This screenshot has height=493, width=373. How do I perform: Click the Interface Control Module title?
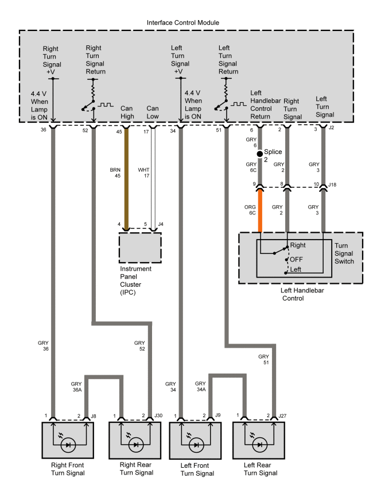point(187,22)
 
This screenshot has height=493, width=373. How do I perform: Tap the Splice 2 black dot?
point(259,153)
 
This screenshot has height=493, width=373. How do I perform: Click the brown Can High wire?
point(126,178)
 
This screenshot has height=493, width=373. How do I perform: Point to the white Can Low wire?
point(152,178)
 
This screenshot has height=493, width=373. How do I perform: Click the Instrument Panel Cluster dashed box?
point(140,247)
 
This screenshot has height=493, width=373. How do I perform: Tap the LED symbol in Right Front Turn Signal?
point(69,444)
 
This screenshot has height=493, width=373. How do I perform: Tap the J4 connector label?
point(161,224)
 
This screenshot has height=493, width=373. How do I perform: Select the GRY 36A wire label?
point(77,386)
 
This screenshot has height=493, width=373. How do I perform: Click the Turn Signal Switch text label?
point(345,253)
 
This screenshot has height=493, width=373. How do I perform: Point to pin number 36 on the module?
point(44,130)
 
